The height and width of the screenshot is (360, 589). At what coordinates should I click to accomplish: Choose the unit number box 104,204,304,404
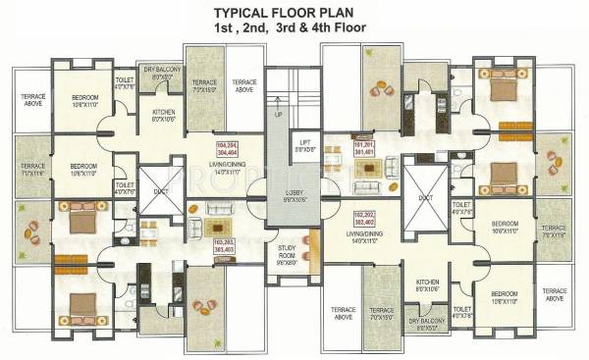[x=228, y=150]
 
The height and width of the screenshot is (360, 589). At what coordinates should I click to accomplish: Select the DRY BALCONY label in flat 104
[x=161, y=74]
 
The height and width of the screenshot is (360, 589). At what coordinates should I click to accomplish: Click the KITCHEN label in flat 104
[x=164, y=116]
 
